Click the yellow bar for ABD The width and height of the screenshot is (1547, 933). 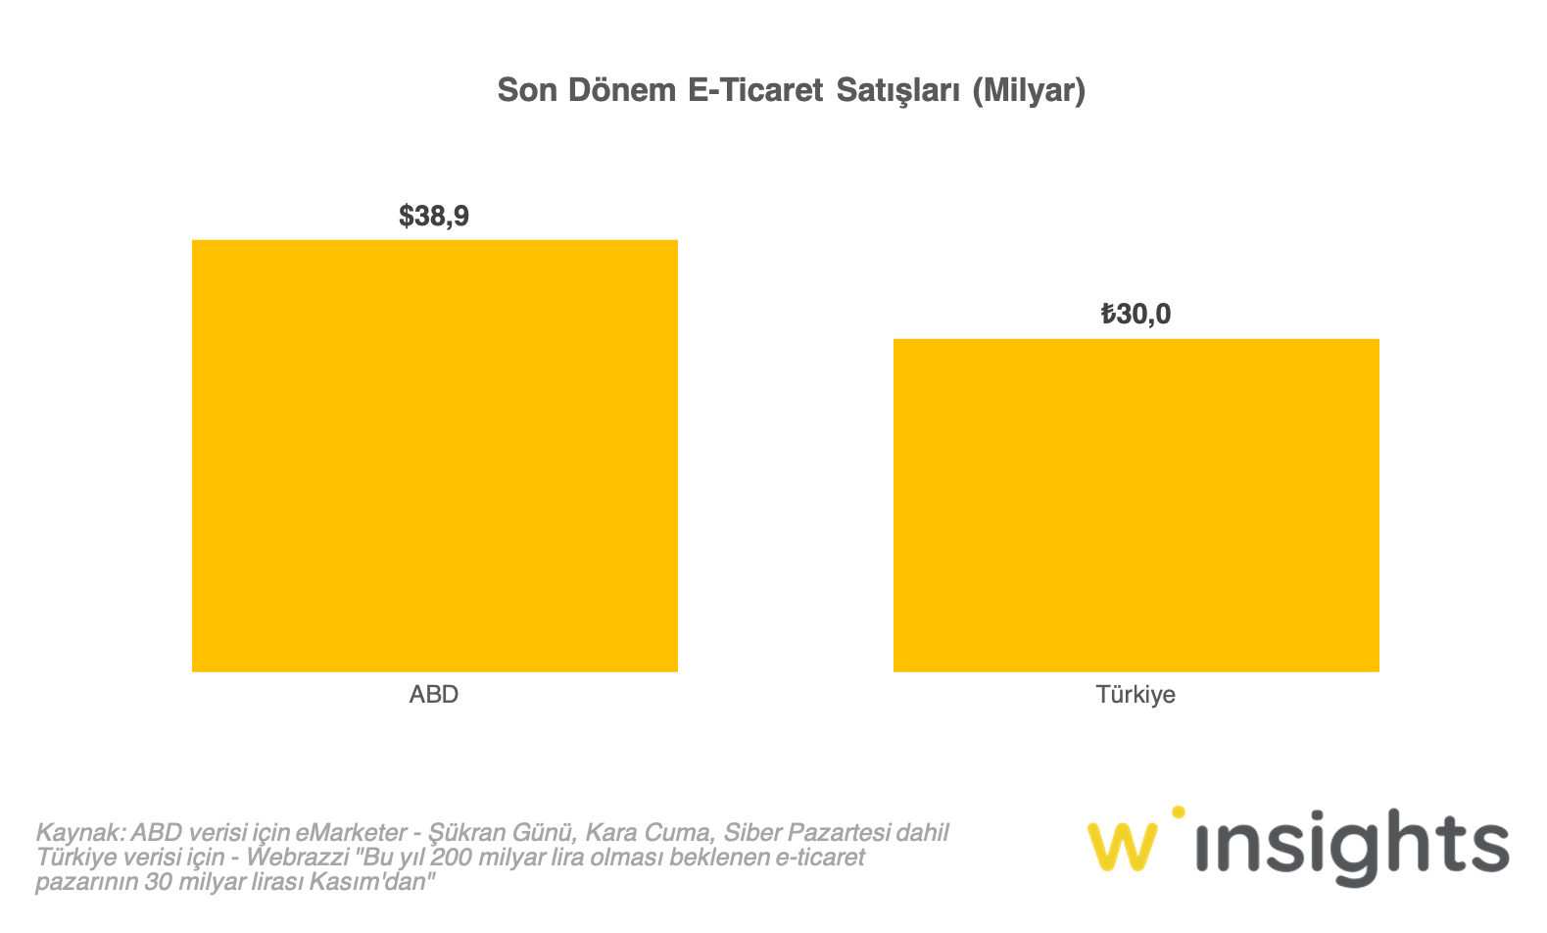point(434,456)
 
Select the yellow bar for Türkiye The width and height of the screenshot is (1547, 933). point(1136,505)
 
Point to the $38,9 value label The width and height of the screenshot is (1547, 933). point(434,216)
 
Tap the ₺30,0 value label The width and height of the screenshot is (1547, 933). point(1136,315)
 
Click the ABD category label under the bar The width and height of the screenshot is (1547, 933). point(434,694)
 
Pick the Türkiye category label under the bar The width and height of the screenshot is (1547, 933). point(1136,694)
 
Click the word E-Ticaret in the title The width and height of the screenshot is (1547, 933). point(754,90)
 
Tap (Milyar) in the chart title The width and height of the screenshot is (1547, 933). point(1029,90)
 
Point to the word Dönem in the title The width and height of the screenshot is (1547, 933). point(622,90)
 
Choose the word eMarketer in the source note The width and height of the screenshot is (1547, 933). point(351,833)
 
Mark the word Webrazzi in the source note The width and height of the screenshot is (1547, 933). point(298,858)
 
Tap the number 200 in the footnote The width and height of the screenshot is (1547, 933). point(451,858)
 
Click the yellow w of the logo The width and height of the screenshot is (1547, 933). point(1121,847)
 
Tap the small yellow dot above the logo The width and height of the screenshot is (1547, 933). point(1178,812)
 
